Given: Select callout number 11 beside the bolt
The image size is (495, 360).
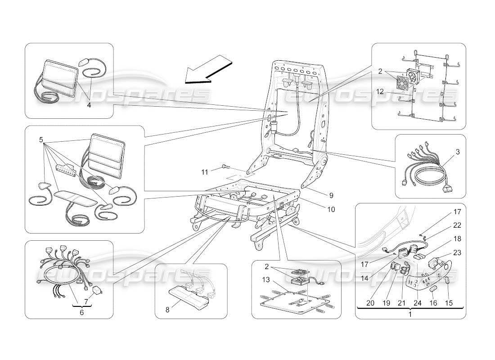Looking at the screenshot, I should [x=205, y=172].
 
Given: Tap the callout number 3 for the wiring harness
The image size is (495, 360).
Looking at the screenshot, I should [x=457, y=152].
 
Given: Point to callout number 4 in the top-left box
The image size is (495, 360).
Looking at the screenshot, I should [x=89, y=105].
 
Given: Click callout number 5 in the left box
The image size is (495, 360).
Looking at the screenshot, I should [x=41, y=139].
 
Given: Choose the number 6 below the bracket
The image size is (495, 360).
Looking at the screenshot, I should [x=81, y=312].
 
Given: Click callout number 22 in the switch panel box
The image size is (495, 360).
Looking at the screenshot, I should [x=457, y=225].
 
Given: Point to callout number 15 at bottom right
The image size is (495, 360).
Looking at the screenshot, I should [x=449, y=303].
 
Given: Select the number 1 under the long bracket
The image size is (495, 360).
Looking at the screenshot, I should [x=409, y=315].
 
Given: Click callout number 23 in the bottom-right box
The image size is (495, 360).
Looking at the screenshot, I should [x=457, y=253].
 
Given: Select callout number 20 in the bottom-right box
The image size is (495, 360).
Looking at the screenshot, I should [x=370, y=303].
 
